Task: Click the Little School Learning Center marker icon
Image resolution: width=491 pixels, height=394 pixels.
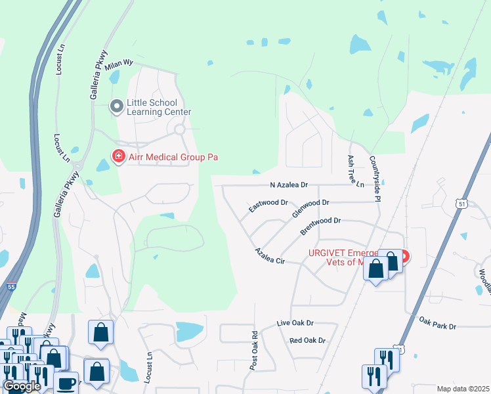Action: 117,106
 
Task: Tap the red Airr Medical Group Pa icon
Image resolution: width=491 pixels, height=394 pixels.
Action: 119,157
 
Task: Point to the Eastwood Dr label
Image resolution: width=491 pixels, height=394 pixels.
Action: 268,206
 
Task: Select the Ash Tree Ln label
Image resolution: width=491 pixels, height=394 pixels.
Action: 355,172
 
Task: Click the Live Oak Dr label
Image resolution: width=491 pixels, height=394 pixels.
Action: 295,324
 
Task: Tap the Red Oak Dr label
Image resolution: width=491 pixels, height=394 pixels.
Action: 307,340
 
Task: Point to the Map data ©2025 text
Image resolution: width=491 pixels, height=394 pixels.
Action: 463,389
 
